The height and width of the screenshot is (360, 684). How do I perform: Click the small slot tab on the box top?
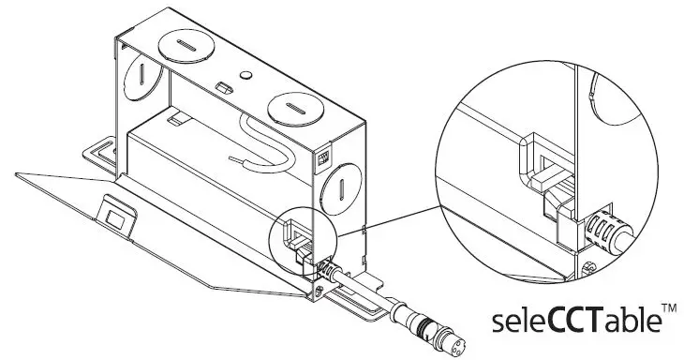click(223, 86)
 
